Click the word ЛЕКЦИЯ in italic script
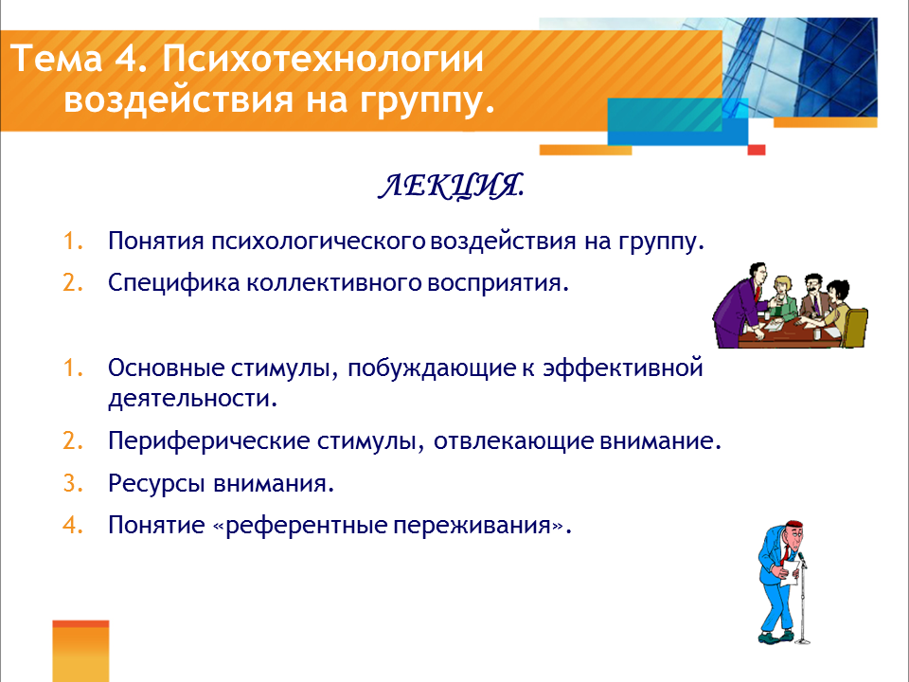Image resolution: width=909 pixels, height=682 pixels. coord(452,187)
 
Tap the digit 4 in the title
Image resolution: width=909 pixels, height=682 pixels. coord(125,59)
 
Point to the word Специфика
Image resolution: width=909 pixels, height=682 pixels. coord(174,284)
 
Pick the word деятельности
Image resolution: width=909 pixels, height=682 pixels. coord(192,399)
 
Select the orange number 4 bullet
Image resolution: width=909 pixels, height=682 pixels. coord(73,526)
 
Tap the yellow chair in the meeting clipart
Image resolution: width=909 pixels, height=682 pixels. coord(853,328)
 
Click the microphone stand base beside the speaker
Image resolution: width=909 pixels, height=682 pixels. coord(803,641)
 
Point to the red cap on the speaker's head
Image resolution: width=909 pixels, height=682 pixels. coord(794,524)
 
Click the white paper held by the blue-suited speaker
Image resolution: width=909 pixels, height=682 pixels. coord(790,573)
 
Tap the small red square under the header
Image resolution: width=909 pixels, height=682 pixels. coord(757,151)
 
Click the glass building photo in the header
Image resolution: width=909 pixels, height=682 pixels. coord(800,66)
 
